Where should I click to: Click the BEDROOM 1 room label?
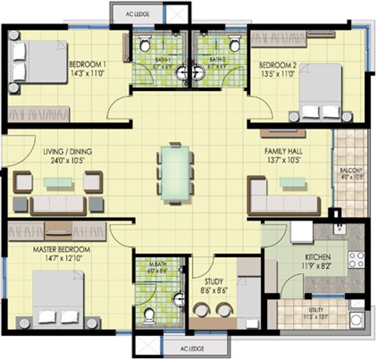coord(88,63)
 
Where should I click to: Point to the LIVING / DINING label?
coord(67,151)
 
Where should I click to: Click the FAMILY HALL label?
coord(284,151)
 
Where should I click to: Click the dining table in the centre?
coord(175,173)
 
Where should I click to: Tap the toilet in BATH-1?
coord(145,44)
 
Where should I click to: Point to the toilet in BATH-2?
coord(234,44)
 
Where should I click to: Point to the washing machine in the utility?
coord(356,321)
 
